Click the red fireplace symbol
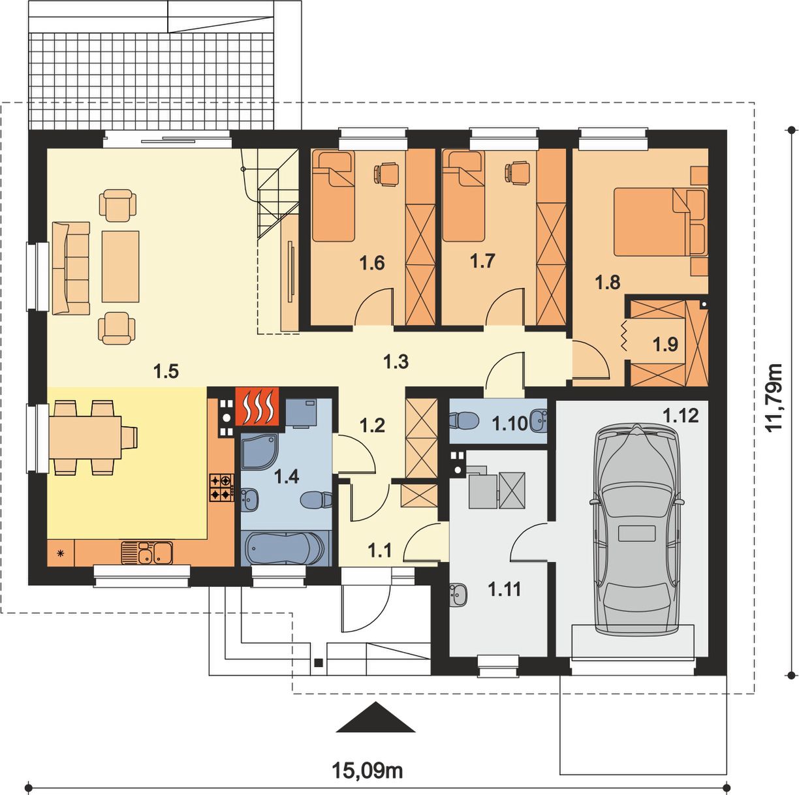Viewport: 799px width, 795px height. click(257, 406)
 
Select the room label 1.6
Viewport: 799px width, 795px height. click(371, 263)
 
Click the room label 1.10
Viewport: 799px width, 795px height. click(510, 424)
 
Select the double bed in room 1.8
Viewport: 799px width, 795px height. click(660, 221)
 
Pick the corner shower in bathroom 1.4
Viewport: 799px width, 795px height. click(260, 452)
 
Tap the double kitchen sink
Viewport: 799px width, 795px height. click(147, 553)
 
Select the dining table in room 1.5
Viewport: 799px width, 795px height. click(86, 437)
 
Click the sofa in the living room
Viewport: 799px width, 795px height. click(71, 268)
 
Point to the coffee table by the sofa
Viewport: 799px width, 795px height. click(120, 267)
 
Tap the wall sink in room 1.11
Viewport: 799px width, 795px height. click(458, 594)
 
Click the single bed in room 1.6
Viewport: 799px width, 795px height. click(334, 196)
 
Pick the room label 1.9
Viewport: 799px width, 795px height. click(665, 344)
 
